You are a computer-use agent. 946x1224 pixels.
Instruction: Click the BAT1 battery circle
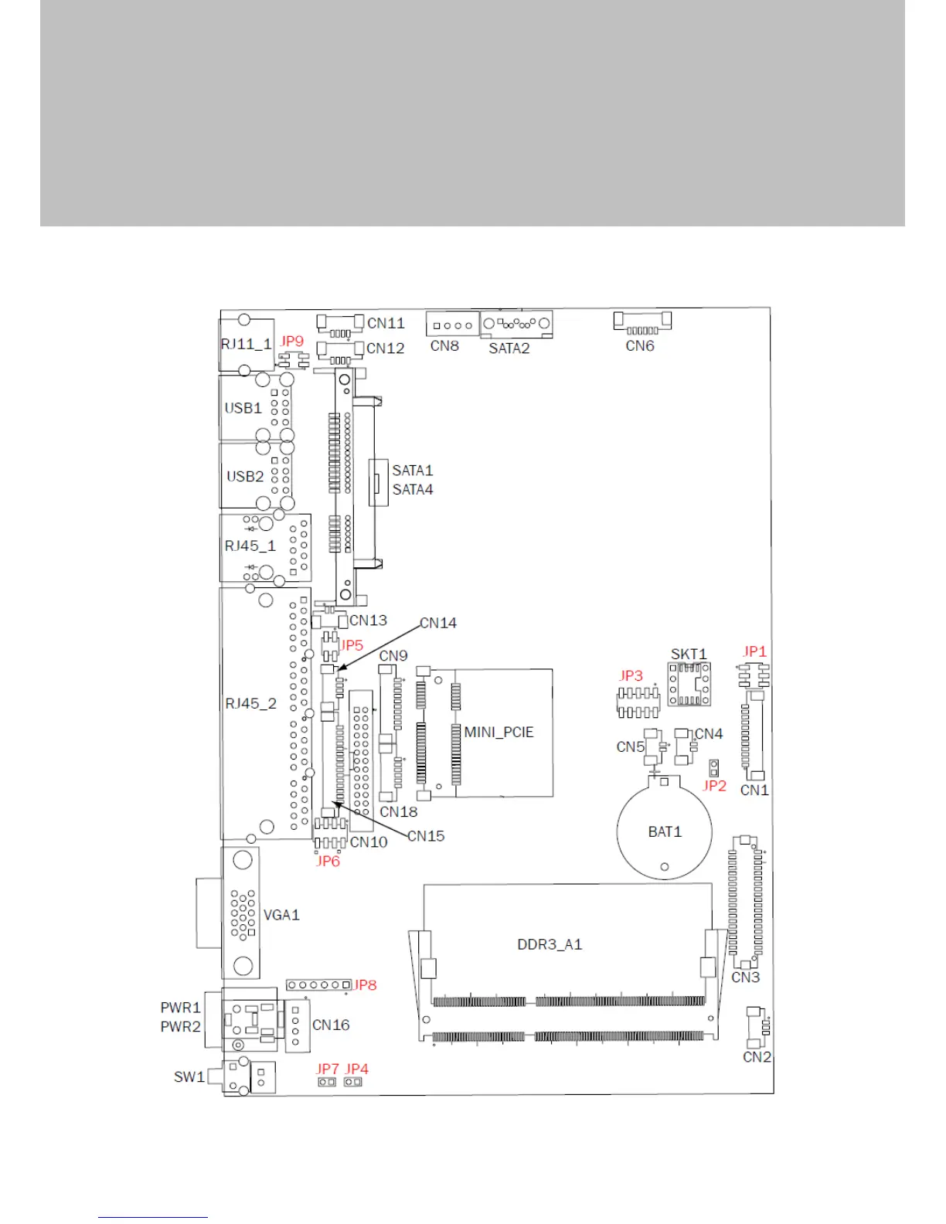coord(665,831)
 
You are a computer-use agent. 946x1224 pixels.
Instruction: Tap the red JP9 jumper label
coord(292,341)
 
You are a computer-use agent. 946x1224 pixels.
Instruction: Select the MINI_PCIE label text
coord(499,732)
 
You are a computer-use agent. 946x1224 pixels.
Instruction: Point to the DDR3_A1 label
coord(550,944)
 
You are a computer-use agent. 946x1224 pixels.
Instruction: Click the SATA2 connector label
coord(509,348)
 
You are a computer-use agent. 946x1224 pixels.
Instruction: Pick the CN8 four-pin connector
coord(452,325)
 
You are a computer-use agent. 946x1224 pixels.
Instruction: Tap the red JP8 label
coord(365,985)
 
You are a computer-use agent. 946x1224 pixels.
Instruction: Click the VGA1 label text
coord(281,915)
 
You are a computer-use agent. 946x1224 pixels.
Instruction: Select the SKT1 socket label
coord(689,654)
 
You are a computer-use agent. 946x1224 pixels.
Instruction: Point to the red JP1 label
coord(754,651)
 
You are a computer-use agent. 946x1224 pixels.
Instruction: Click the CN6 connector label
coord(640,346)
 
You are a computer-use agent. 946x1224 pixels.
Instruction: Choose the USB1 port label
coord(243,408)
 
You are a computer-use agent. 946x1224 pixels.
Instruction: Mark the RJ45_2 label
coord(250,703)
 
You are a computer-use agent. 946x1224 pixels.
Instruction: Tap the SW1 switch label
coord(189,1076)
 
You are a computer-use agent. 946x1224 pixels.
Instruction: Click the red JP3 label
coord(631,676)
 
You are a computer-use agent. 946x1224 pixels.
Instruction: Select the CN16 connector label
coord(331,1025)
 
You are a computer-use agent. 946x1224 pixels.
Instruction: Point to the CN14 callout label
coord(438,623)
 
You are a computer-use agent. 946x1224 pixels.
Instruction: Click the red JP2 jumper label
coord(715,785)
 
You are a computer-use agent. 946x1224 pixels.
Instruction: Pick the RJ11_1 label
coord(247,344)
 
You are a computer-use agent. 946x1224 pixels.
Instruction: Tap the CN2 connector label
coord(757,1057)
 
